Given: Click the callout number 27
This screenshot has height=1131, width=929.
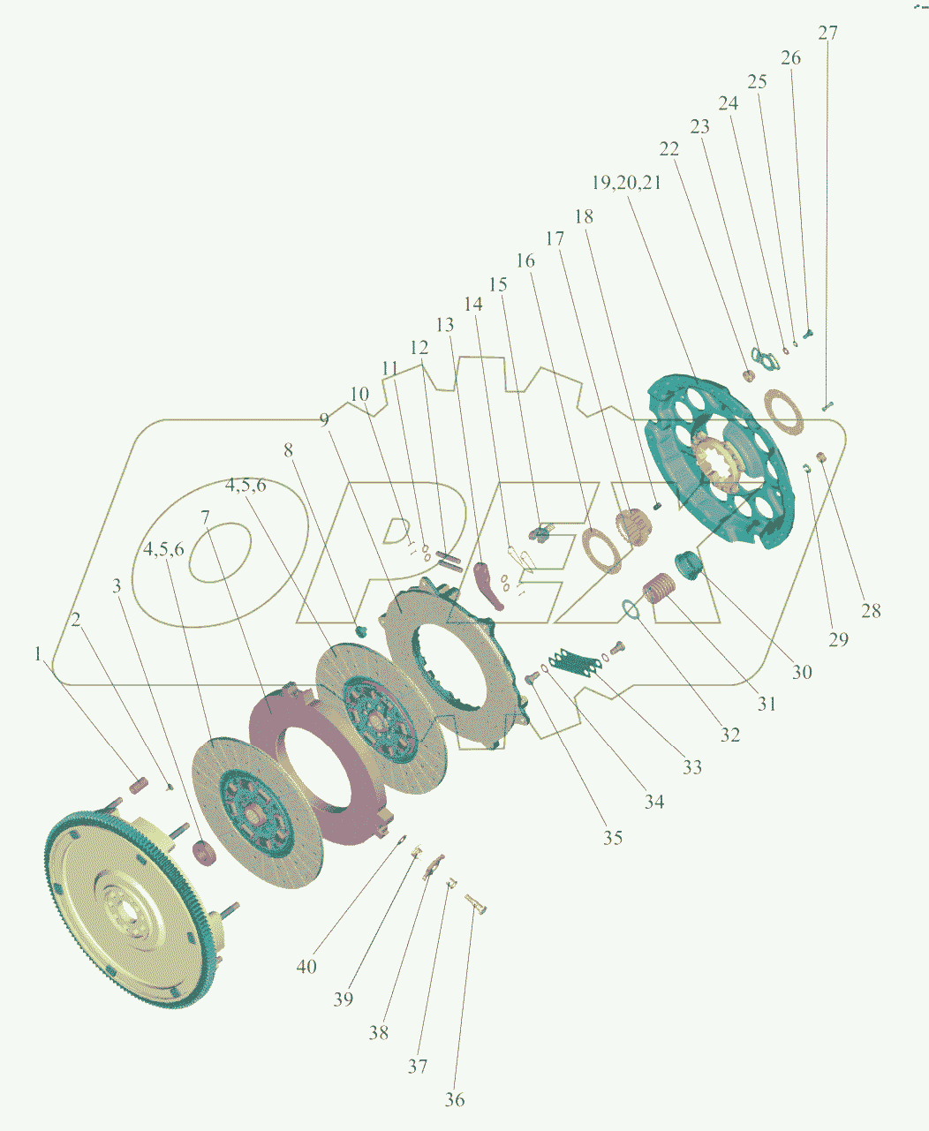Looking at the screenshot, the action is tap(827, 34).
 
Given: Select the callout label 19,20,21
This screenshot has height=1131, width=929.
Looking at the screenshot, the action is tap(626, 183).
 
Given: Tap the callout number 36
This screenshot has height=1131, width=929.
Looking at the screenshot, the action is tap(454, 1099).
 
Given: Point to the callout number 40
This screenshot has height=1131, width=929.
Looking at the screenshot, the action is tap(306, 966).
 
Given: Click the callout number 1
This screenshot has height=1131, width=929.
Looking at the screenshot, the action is tap(38, 653).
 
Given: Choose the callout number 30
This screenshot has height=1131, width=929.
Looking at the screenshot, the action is tap(802, 672).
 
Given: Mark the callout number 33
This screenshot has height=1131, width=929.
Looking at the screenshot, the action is tap(692, 767).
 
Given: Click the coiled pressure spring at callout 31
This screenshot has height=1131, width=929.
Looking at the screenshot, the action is tap(658, 588).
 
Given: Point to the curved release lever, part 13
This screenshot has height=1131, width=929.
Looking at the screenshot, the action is tap(489, 585).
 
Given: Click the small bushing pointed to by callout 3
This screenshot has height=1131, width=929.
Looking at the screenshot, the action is tap(204, 853).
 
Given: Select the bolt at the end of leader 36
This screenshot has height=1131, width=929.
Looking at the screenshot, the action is tap(476, 904).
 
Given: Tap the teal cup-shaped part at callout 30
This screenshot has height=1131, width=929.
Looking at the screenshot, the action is tap(689, 565).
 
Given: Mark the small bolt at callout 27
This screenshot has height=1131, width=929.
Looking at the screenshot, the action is tap(827, 406).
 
